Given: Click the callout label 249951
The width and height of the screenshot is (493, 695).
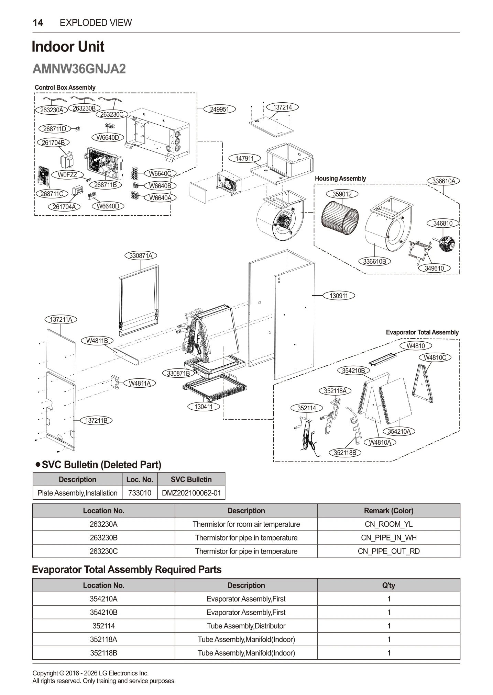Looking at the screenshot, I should click(x=219, y=110).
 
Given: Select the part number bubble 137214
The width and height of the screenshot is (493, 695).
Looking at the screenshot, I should click(x=282, y=107).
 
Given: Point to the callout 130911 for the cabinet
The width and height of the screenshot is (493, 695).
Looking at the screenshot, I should click(x=339, y=296).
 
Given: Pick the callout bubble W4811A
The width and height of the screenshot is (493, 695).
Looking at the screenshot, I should click(x=140, y=383).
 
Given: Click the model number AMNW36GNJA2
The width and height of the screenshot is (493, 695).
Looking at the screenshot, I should click(x=79, y=69).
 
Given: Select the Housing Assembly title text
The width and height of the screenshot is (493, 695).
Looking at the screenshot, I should click(x=340, y=179).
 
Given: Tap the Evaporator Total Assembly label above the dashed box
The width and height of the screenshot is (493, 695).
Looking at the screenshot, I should click(x=422, y=332).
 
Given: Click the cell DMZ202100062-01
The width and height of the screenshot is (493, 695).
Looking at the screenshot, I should click(x=191, y=493).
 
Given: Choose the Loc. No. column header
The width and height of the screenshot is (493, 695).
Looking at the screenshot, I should click(x=140, y=479).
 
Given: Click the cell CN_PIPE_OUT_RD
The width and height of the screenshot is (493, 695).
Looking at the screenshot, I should click(x=388, y=551).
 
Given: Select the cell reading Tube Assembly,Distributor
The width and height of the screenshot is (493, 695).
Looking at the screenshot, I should click(x=246, y=626).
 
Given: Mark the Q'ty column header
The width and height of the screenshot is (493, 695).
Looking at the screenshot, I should click(x=388, y=585).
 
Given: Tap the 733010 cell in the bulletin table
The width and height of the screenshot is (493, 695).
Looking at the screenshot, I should click(x=140, y=493).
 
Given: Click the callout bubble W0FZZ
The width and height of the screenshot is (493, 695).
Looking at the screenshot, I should click(x=67, y=175).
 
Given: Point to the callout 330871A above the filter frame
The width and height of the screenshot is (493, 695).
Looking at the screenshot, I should click(x=141, y=256).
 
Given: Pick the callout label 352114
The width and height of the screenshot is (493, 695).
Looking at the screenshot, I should click(x=307, y=408).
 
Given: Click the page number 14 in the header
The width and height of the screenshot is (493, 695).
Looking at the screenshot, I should click(x=38, y=23).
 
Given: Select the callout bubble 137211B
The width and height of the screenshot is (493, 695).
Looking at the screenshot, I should click(x=96, y=420).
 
